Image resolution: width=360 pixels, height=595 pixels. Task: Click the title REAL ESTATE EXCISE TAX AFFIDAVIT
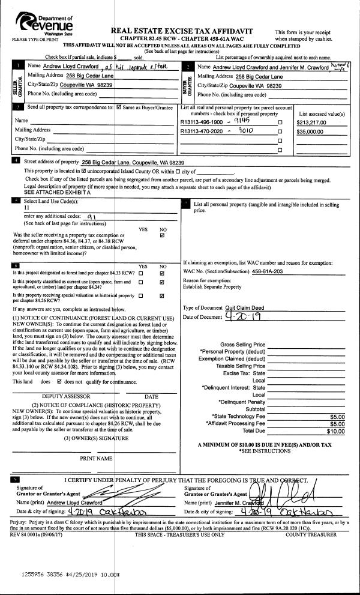coord(182,31)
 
